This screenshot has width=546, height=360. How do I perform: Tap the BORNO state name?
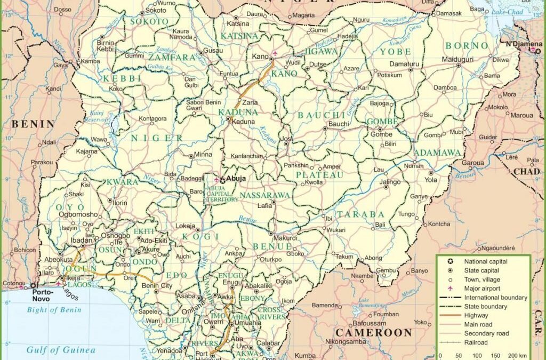[x=467, y=46]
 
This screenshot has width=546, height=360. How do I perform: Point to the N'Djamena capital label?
[x=520, y=43]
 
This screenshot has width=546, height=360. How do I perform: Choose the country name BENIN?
[x=33, y=124]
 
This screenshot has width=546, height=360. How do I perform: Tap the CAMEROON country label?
[x=373, y=332]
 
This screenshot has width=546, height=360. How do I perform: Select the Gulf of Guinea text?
[x=61, y=350]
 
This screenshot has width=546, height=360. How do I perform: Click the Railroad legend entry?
[x=476, y=342]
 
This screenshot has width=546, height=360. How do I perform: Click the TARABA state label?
[x=360, y=214]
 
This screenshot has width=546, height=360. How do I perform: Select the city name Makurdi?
[x=285, y=238]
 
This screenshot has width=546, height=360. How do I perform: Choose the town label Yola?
[x=430, y=180]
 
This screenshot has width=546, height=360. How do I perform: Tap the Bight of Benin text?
[x=54, y=310]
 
